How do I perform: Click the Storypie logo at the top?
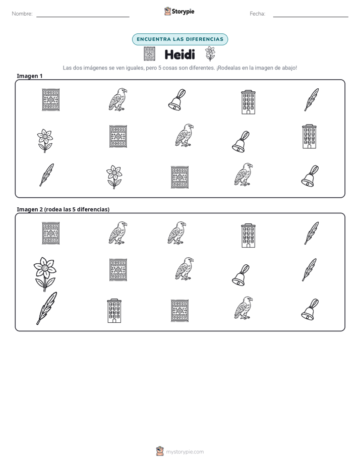click(x=179, y=11)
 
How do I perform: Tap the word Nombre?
click(x=22, y=14)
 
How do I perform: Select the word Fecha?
click(x=257, y=14)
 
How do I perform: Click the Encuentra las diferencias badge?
click(x=180, y=39)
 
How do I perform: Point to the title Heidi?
click(x=179, y=54)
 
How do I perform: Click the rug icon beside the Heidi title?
click(x=149, y=54)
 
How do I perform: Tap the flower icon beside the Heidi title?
click(x=210, y=54)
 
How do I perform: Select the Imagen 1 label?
click(x=30, y=76)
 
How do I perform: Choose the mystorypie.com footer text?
click(x=185, y=452)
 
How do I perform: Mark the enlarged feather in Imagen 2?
click(x=46, y=308)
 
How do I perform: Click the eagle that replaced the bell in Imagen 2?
click(x=177, y=233)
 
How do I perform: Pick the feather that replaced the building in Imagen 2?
click(x=309, y=269)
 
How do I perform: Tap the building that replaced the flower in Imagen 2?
click(x=114, y=311)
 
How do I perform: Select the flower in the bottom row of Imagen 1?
click(x=114, y=177)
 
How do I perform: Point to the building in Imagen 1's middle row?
click(x=309, y=137)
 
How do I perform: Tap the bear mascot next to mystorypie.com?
click(x=160, y=451)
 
